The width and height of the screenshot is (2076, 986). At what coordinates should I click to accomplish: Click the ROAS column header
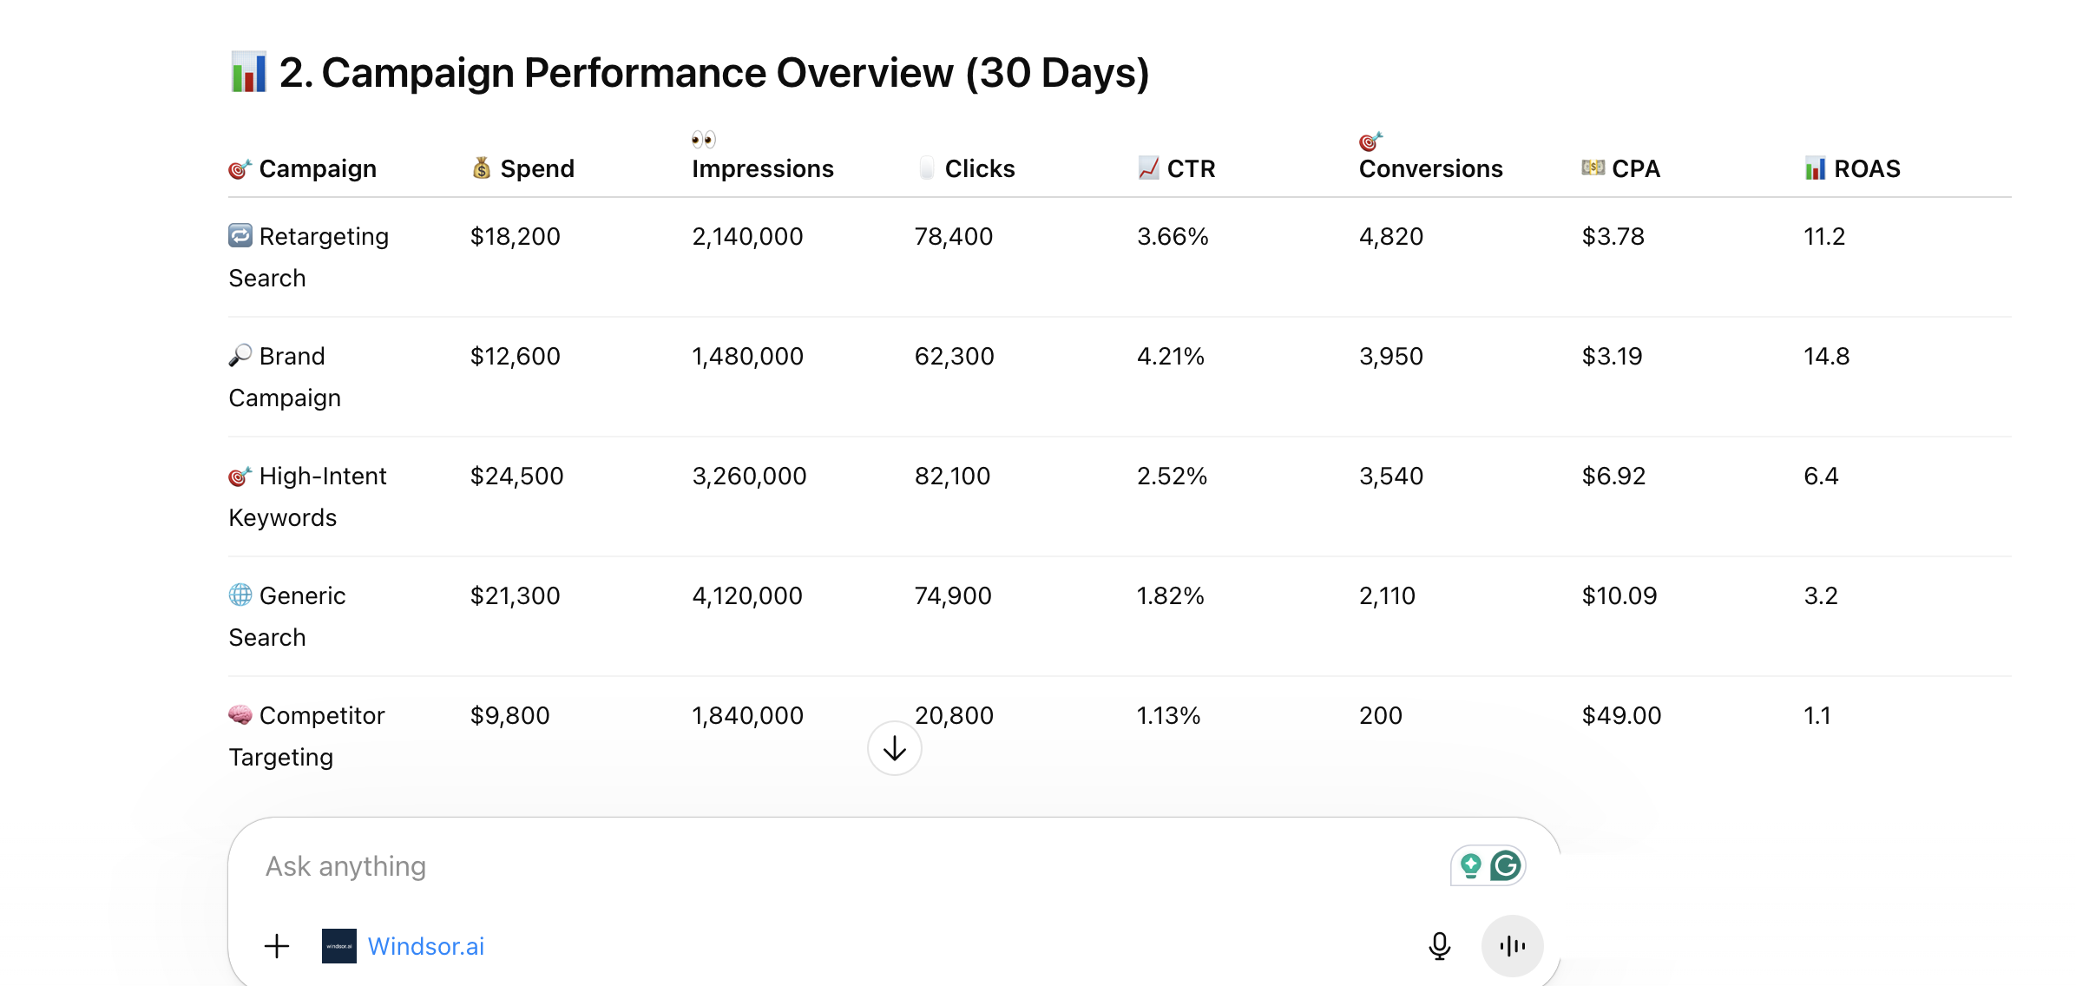(1866, 168)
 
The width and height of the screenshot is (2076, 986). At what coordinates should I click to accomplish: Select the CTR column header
(1190, 168)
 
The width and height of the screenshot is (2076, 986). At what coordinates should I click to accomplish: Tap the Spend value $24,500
(516, 476)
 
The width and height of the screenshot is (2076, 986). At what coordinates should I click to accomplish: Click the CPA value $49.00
(1621, 715)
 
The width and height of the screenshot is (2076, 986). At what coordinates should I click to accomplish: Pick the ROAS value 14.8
(1826, 356)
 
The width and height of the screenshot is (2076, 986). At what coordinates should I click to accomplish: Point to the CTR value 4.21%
(1170, 356)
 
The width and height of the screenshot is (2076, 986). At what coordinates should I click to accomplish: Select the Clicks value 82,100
(952, 476)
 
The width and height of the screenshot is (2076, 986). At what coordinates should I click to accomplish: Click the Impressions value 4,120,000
(746, 595)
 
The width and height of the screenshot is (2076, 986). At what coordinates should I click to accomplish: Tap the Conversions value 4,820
(1390, 236)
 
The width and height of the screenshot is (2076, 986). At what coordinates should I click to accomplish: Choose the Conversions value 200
(1380, 715)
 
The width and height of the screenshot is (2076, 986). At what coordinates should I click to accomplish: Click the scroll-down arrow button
(894, 748)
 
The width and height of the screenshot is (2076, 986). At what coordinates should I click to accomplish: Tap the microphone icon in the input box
(1439, 945)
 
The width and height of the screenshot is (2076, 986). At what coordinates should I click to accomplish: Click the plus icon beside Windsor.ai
(277, 945)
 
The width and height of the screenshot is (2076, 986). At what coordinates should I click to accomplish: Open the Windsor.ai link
(425, 946)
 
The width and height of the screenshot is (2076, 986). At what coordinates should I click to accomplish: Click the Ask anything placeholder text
(345, 866)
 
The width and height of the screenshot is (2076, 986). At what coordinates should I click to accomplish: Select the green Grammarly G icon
(1506, 865)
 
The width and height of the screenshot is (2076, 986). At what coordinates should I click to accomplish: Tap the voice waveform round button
(1512, 945)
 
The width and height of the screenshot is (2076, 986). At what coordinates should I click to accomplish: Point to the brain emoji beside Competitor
(240, 714)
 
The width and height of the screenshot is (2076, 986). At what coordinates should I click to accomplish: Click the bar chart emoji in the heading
(248, 72)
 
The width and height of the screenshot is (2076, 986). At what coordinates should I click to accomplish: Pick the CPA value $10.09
(1619, 595)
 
